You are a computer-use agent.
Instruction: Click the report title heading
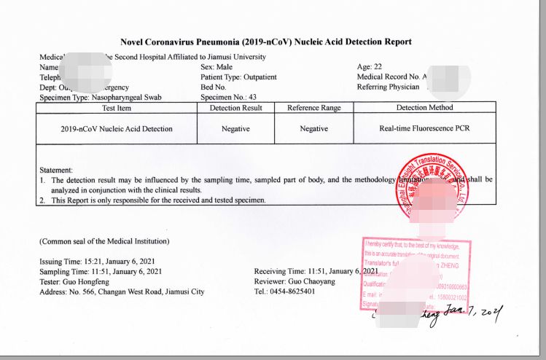coord(267,42)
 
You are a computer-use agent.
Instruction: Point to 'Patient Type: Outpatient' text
coord(238,77)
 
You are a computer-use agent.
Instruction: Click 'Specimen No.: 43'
coord(227,97)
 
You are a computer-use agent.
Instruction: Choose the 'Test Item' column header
coord(117,108)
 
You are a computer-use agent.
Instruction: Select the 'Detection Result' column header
coord(235,108)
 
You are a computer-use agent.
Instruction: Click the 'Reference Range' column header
coord(313,108)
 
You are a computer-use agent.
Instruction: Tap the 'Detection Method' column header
coord(424,108)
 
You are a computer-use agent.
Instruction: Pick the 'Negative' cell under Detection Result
coord(235,129)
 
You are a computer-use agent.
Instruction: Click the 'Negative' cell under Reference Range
coord(313,129)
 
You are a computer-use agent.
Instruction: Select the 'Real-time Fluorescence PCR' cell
coord(424,129)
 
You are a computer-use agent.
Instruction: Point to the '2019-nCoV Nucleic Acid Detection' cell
coord(117,129)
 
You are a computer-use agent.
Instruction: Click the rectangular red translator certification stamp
coord(416,273)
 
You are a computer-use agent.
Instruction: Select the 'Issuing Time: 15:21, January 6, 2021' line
coord(101,262)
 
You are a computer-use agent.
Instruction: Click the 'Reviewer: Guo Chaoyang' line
coord(289,282)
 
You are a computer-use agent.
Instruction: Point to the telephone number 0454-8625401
coord(294,292)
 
